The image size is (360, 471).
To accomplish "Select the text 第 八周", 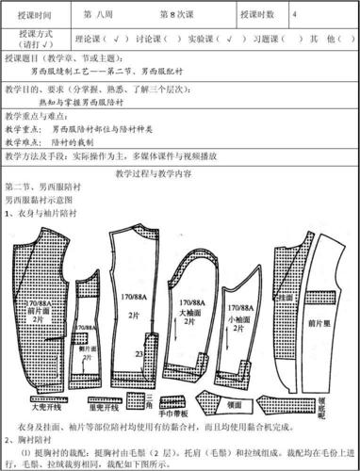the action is (101, 16).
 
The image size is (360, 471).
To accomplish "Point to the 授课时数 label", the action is (256, 16).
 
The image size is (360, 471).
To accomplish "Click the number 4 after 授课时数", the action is (296, 16).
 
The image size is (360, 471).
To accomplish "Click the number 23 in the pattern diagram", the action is (138, 353).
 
